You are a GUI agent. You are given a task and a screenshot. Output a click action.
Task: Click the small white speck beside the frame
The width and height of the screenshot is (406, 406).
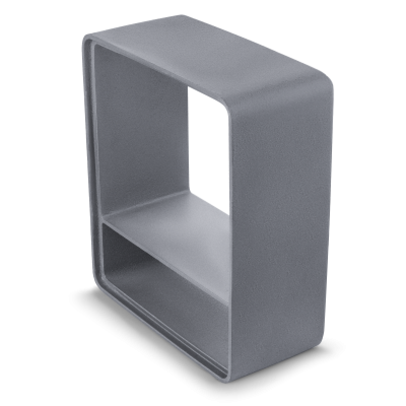[x=327, y=336]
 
